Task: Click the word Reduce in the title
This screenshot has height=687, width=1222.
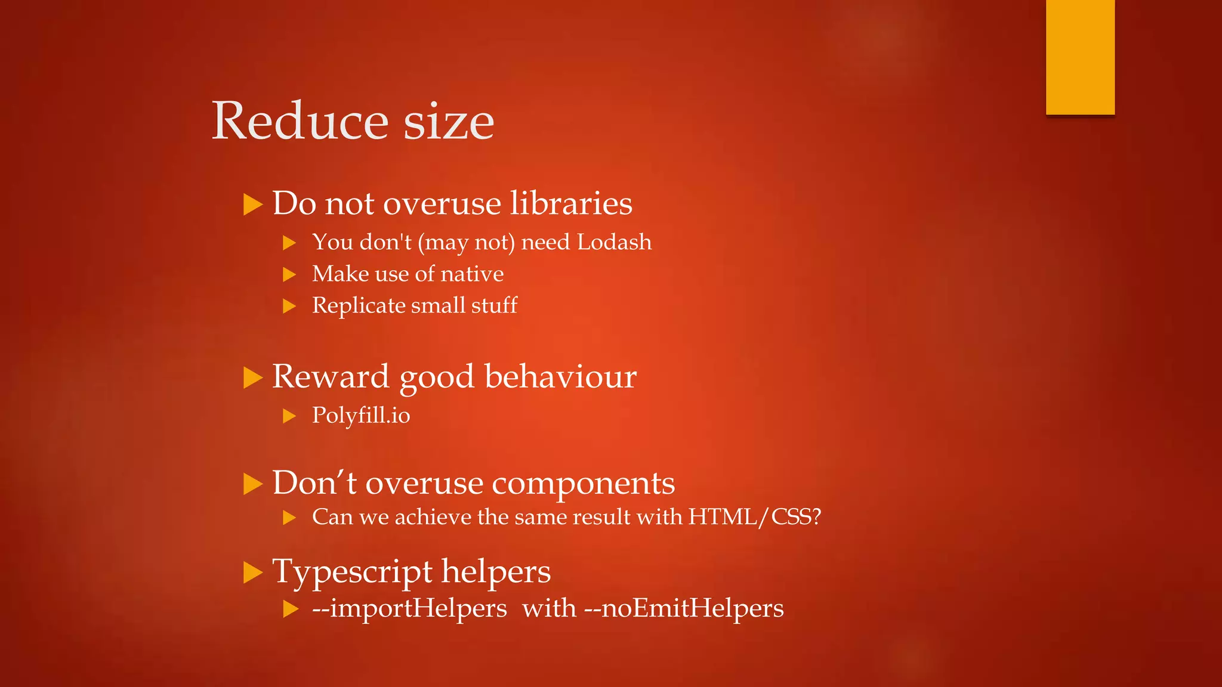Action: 300,121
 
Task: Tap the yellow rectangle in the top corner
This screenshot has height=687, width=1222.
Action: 1080,57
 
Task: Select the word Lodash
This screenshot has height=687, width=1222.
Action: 614,242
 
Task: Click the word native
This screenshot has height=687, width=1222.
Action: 472,274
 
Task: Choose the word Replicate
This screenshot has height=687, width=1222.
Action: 359,305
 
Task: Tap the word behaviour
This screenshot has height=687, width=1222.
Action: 560,377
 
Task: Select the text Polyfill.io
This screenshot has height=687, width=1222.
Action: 361,416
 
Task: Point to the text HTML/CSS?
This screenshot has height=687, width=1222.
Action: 755,517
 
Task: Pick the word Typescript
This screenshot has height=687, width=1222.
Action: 351,572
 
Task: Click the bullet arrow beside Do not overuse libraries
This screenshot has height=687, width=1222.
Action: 253,205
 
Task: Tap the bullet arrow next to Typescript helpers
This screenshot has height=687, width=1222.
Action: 253,573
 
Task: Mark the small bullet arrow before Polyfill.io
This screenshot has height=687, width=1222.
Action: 289,416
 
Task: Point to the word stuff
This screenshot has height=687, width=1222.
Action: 494,305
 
